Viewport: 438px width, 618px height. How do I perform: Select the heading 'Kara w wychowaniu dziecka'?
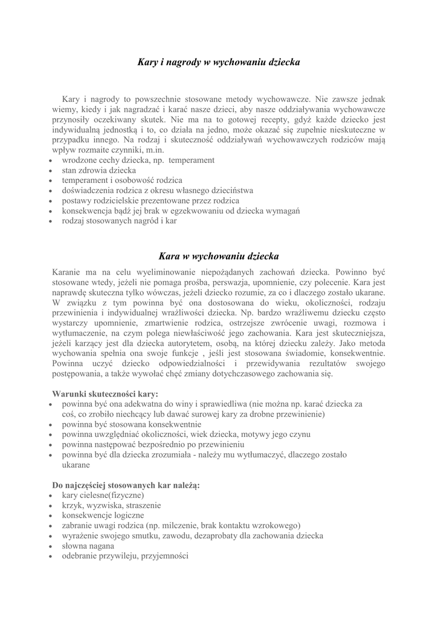click(219, 256)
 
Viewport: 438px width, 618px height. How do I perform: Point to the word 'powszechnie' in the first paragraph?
click(167, 99)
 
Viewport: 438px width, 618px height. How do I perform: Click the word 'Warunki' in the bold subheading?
click(69, 393)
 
